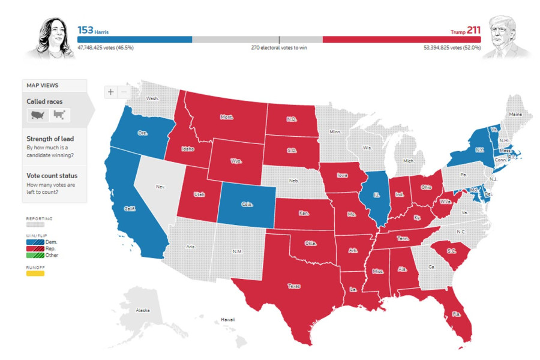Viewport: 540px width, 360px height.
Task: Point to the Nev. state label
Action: click(160, 187)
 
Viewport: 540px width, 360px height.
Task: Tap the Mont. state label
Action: click(227, 117)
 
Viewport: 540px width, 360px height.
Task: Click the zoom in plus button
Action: click(111, 92)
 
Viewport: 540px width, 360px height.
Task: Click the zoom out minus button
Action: click(124, 92)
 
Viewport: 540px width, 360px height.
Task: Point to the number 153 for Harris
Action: click(85, 29)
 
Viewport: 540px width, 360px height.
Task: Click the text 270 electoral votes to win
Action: click(279, 47)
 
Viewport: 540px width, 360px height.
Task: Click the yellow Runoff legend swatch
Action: click(35, 274)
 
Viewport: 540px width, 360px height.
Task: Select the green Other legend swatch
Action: click(33, 255)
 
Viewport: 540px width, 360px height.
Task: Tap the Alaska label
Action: click(143, 311)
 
